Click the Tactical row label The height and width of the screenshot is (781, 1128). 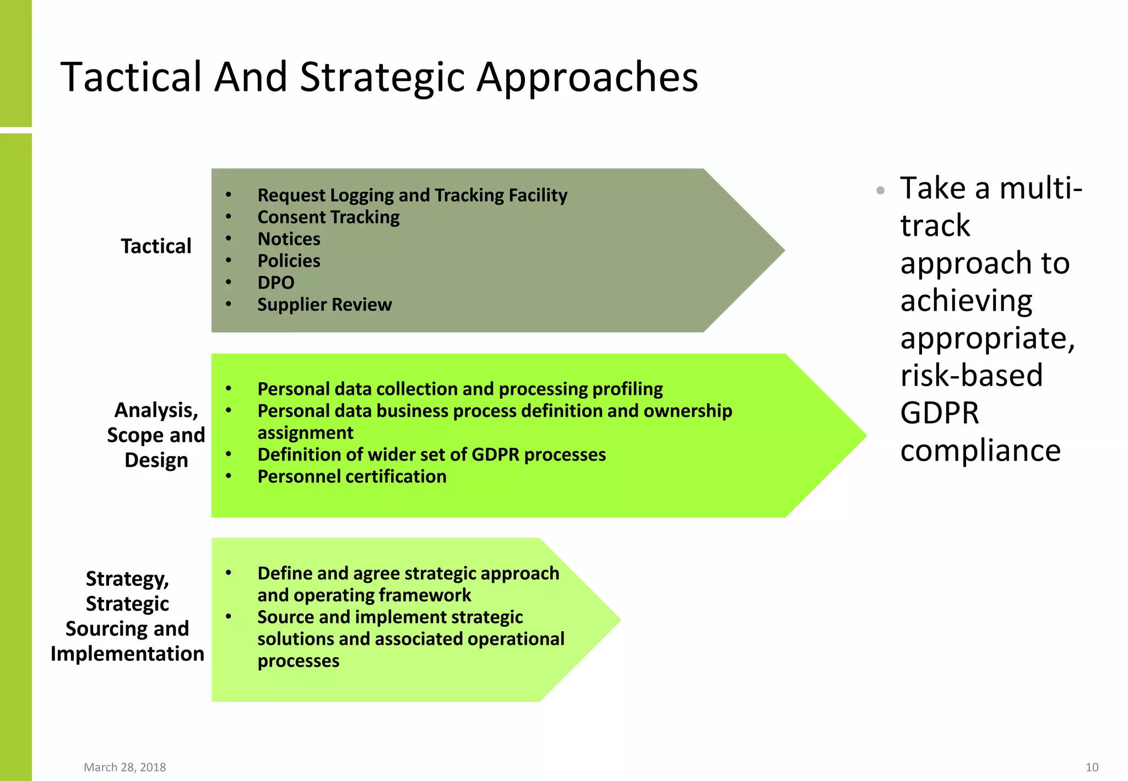pos(156,246)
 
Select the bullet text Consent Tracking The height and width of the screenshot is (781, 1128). pos(328,217)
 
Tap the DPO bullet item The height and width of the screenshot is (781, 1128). pos(276,283)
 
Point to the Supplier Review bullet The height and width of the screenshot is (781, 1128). pos(324,305)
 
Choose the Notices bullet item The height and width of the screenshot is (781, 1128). pos(289,239)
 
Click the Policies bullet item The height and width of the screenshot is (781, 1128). pos(289,261)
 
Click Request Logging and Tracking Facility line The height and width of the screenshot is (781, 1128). pos(412,195)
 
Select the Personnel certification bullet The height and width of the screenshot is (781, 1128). pos(352,476)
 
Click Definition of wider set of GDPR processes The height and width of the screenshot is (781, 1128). pos(431,454)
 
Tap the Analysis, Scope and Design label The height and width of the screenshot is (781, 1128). pos(156,435)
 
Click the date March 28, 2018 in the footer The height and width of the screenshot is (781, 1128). pos(124,767)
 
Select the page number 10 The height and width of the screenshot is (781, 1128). pos(1092,767)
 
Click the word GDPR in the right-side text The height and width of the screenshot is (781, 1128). pos(940,413)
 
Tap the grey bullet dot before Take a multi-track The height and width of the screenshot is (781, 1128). pos(880,191)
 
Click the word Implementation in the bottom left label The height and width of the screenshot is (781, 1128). pos(127,654)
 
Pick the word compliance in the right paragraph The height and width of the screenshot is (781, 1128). pos(980,451)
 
